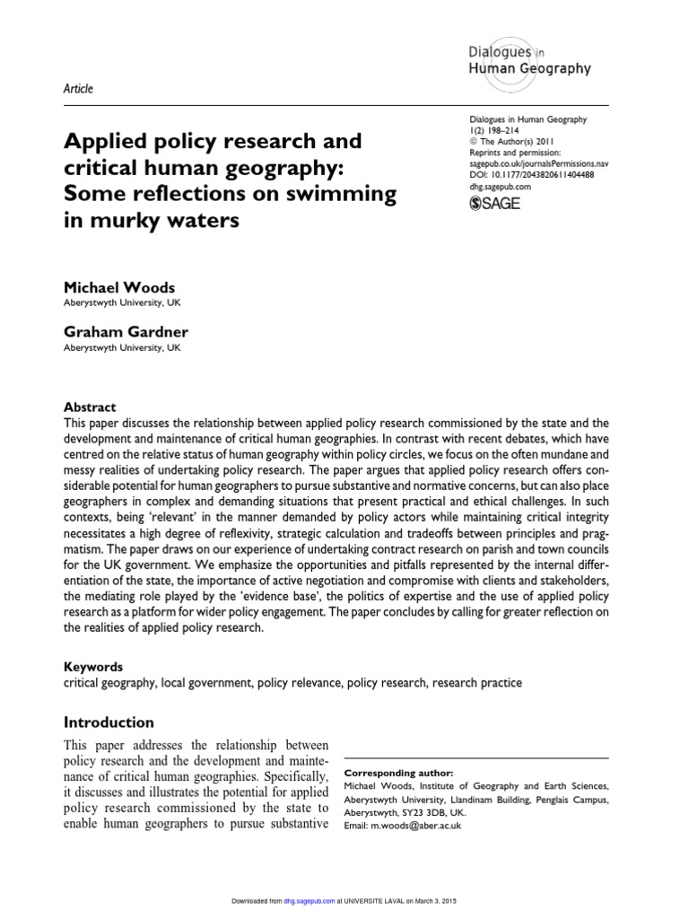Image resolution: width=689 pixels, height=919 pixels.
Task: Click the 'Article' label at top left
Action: pyautogui.click(x=78, y=88)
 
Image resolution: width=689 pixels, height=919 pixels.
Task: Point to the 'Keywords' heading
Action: pyautogui.click(x=93, y=667)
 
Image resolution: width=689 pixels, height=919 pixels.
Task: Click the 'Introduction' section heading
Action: pyautogui.click(x=109, y=722)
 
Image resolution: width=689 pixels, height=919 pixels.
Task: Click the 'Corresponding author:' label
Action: pyautogui.click(x=399, y=773)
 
